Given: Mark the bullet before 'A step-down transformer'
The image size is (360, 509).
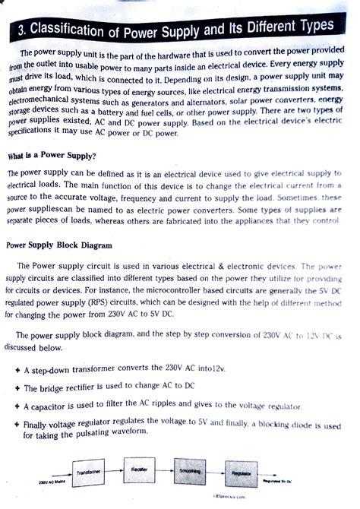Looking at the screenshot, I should [x=17, y=370].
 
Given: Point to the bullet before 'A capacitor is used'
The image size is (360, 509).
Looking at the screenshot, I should [x=17, y=407].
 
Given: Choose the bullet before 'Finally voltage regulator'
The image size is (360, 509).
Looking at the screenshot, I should [x=17, y=425].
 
